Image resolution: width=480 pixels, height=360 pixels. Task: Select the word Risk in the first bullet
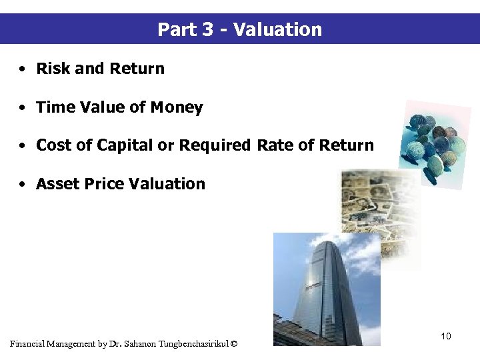pyautogui.click(x=52, y=69)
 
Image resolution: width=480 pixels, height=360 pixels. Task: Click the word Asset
pyautogui.click(x=55, y=184)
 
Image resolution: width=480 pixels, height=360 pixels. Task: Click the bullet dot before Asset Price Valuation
pyautogui.click(x=23, y=185)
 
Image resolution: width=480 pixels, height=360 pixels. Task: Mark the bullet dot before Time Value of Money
pyautogui.click(x=23, y=108)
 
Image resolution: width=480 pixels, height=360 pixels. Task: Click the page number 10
pyautogui.click(x=445, y=336)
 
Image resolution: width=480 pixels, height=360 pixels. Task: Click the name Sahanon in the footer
pyautogui.click(x=136, y=344)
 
